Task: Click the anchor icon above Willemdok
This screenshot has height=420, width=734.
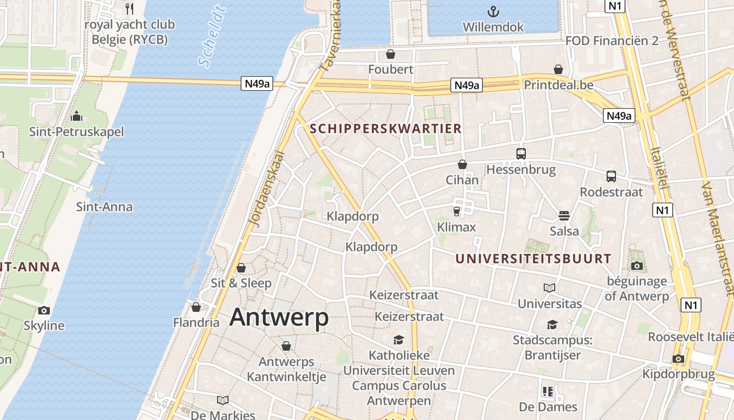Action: pos(493,11)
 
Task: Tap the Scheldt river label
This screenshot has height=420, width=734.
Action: pos(212,37)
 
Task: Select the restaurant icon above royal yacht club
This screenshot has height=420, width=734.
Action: pos(129,8)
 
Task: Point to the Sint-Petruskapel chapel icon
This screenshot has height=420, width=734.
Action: pos(77,115)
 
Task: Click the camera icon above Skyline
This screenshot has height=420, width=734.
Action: pos(44,310)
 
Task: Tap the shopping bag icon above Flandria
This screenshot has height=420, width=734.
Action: pos(196,307)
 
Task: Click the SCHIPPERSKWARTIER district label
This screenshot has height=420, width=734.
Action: pos(385,129)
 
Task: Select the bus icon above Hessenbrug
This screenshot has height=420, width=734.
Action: pos(521,154)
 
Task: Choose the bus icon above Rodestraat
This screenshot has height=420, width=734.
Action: pos(611,176)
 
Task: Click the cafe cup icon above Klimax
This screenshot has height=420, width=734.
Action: pos(456,211)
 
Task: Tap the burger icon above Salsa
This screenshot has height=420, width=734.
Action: pos(564,215)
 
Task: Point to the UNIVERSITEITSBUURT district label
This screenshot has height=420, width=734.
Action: pos(533,259)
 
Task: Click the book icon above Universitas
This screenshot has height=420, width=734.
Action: pos(549,288)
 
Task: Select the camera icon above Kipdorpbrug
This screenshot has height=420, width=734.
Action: pos(678,359)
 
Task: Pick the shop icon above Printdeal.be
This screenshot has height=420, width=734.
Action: pos(558,69)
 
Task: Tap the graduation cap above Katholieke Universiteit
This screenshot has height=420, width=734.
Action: pos(399,340)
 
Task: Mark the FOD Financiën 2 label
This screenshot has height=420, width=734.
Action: pos(612,41)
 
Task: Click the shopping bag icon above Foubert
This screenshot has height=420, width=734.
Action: pos(390,54)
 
